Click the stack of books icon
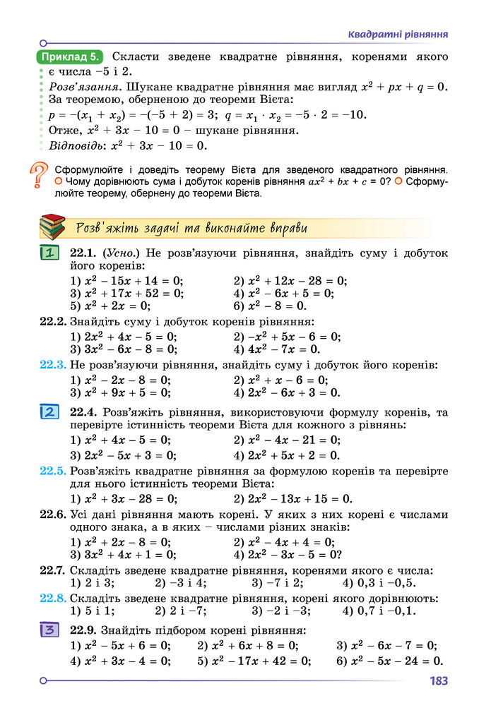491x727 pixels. (52, 227)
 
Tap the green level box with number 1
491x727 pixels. (49, 253)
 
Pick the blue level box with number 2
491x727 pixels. (49, 412)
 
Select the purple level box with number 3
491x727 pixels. (49, 630)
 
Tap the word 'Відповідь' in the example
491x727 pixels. (75, 146)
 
